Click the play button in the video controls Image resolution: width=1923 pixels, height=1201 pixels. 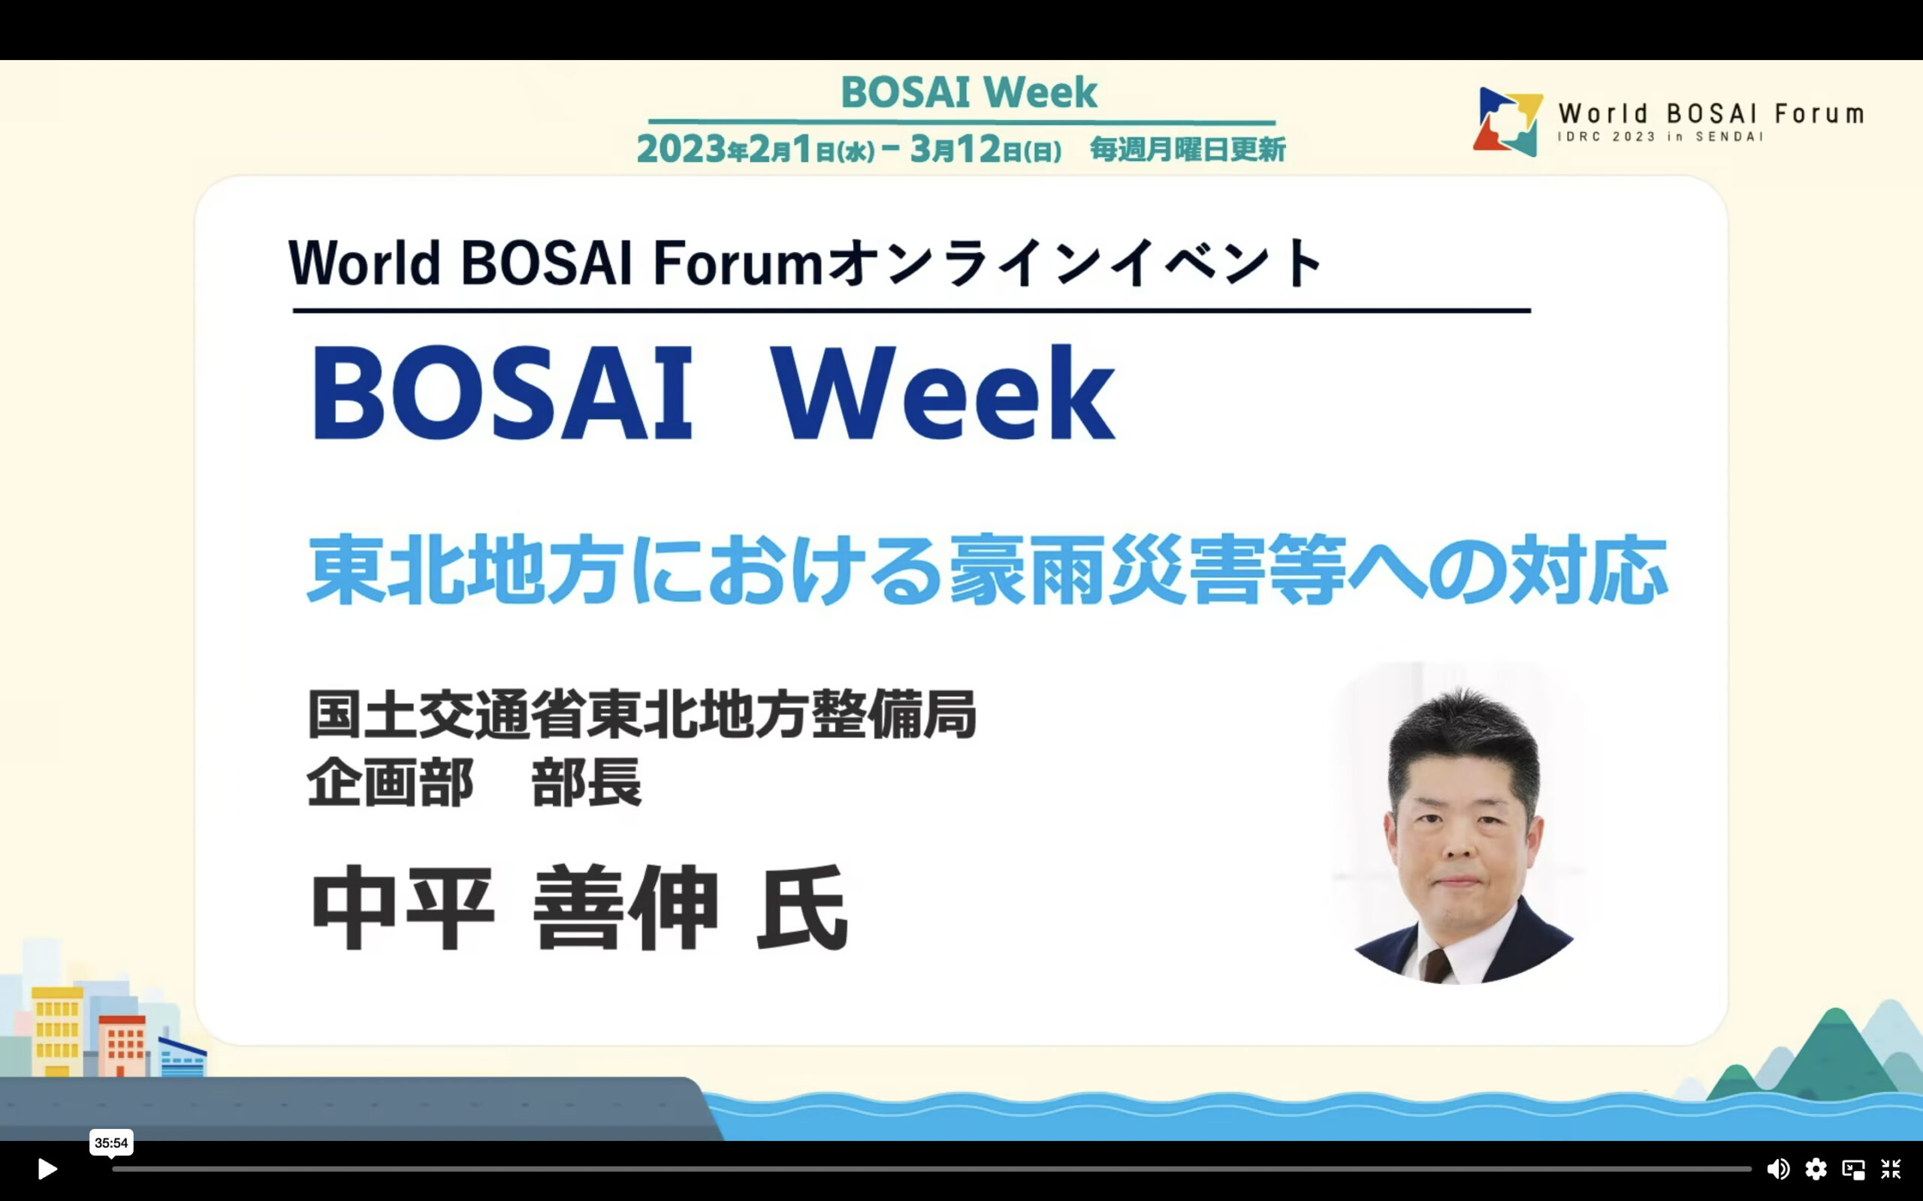click(47, 1169)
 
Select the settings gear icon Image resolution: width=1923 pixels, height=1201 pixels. click(1816, 1169)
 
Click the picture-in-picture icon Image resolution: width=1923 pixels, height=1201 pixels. click(1853, 1169)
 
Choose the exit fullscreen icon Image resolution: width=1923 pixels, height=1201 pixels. click(1891, 1169)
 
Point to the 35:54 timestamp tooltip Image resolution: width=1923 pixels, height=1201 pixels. click(111, 1143)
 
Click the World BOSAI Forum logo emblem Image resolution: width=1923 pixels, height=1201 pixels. click(1508, 122)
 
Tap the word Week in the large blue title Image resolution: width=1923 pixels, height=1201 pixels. click(943, 393)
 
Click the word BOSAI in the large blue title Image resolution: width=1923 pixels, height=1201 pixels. click(503, 393)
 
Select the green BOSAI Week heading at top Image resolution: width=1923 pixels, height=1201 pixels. click(969, 92)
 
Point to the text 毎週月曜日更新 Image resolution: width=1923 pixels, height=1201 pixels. click(1187, 149)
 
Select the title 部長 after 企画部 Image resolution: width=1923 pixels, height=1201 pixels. click(586, 781)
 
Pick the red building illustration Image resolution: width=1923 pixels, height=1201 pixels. click(122, 1046)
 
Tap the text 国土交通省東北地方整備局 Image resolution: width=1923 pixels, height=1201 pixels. click(642, 715)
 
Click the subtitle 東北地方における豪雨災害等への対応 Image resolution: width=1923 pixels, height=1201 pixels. click(987, 570)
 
